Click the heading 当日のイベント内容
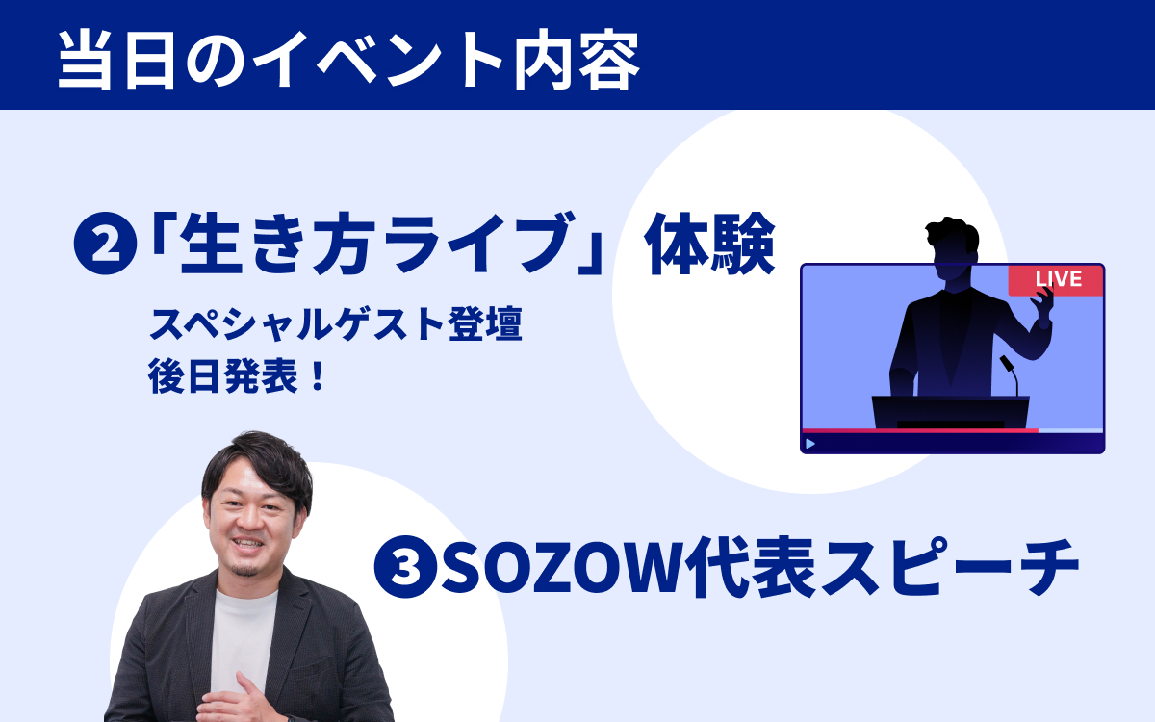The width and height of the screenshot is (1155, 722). pyautogui.click(x=348, y=61)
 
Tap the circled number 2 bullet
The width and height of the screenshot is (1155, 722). pyautogui.click(x=106, y=244)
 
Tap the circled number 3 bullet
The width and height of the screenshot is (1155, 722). pyautogui.click(x=406, y=566)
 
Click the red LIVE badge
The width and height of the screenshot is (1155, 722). pyautogui.click(x=1056, y=280)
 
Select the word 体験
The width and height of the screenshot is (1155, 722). pyautogui.click(x=709, y=244)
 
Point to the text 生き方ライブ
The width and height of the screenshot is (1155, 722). pyautogui.click(x=377, y=244)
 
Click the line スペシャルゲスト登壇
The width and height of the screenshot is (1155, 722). pyautogui.click(x=336, y=324)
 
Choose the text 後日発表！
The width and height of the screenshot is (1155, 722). pyautogui.click(x=237, y=376)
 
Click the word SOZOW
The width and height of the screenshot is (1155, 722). pyautogui.click(x=566, y=567)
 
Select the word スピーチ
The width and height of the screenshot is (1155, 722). pyautogui.click(x=950, y=566)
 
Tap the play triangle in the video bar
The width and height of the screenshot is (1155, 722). pyautogui.click(x=810, y=444)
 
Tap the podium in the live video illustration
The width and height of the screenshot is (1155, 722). pyautogui.click(x=950, y=412)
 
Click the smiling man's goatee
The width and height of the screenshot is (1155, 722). pyautogui.click(x=244, y=569)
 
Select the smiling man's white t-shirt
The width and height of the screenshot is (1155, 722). pyautogui.click(x=244, y=639)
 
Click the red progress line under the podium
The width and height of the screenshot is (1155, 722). pyautogui.click(x=920, y=430)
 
